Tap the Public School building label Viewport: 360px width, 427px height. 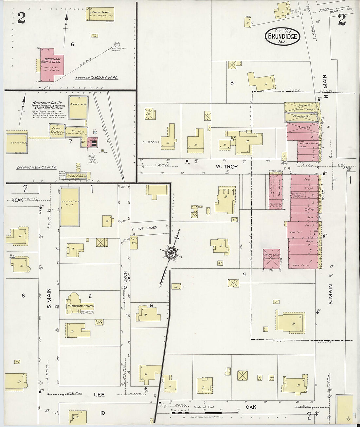[98, 12]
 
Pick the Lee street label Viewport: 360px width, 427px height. [99, 395]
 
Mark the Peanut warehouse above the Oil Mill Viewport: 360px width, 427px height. [78, 107]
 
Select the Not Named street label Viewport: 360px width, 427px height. [147, 228]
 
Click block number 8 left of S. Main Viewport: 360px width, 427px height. [23, 296]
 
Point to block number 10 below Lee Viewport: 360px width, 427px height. [102, 413]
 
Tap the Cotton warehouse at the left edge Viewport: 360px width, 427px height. [16, 143]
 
